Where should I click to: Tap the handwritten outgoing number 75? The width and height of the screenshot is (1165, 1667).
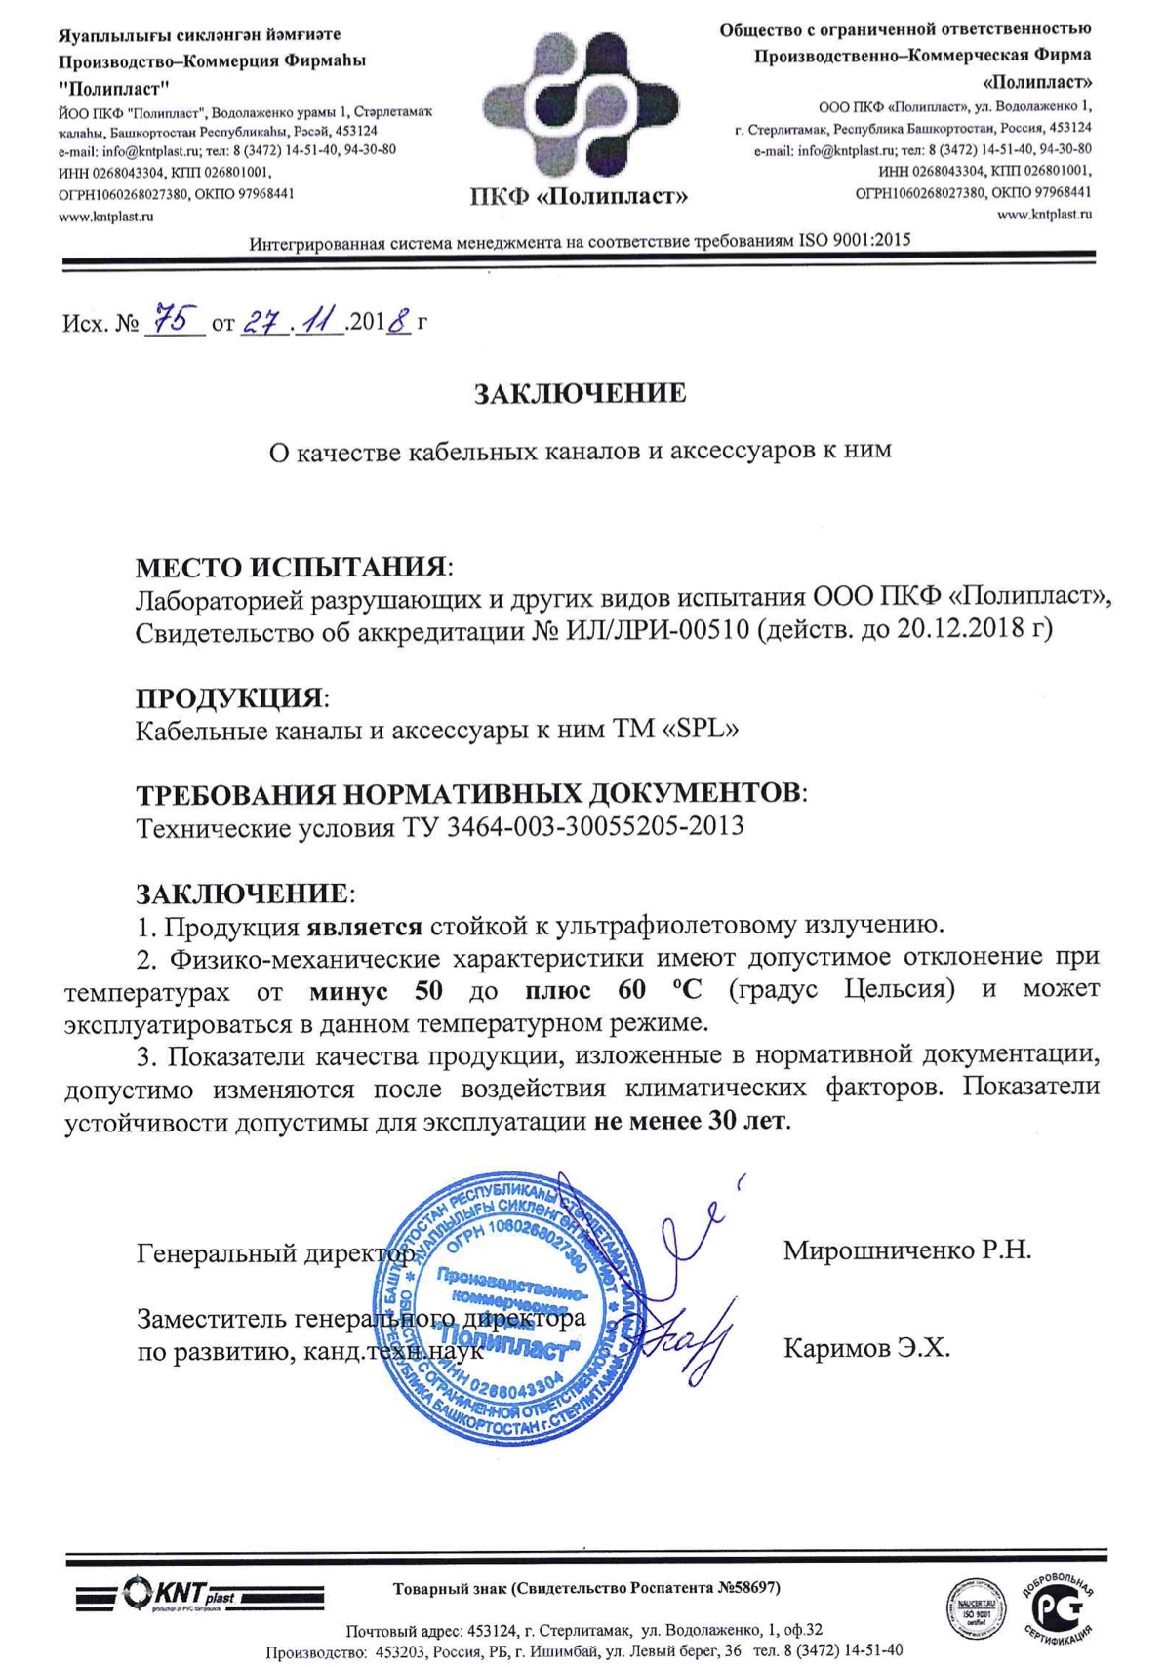click(175, 319)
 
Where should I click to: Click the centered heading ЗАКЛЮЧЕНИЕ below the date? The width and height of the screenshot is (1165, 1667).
click(580, 393)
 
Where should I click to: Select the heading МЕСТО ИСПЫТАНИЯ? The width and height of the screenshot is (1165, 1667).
click(292, 567)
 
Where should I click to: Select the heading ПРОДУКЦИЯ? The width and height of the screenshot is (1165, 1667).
click(228, 697)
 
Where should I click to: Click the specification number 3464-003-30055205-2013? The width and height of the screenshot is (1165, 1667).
click(595, 827)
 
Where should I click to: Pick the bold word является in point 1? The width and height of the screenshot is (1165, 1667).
click(365, 925)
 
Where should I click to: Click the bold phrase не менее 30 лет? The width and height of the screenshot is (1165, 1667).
click(690, 1121)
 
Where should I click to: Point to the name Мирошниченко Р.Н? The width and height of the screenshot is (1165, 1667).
click(906, 1250)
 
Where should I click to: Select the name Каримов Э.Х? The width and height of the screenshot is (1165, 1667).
click(866, 1349)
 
